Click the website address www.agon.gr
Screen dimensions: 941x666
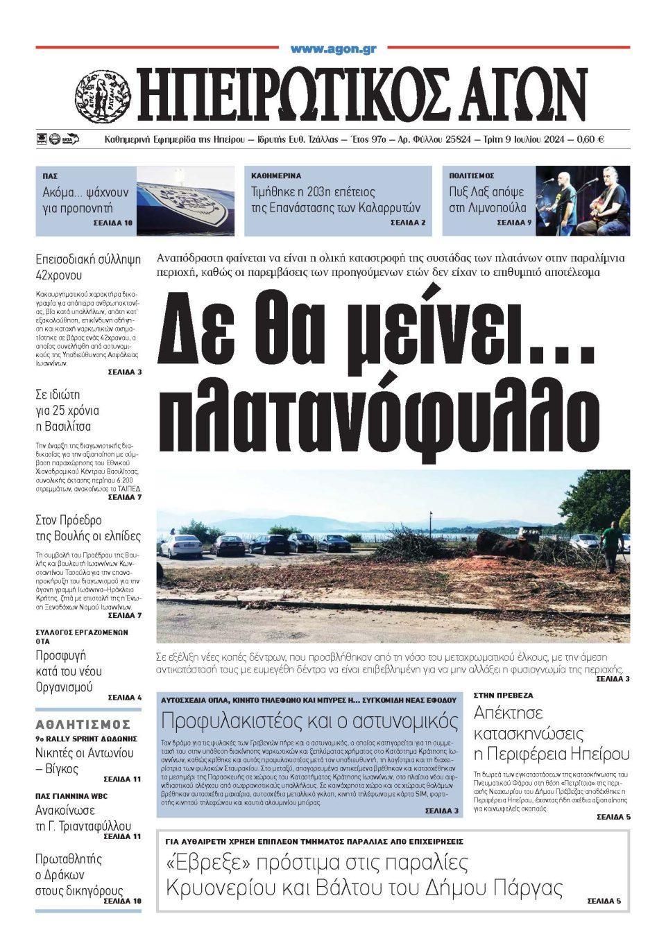pos(333,49)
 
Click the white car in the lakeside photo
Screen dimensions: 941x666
pos(181,546)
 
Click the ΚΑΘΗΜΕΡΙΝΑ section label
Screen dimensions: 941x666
pos(276,176)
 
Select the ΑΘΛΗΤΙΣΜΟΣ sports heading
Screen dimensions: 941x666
pos(83,724)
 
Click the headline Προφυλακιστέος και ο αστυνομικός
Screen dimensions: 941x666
pos(310,719)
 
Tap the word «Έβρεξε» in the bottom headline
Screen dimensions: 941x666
pos(205,863)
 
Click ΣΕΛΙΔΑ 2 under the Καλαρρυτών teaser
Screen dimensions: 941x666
pos(408,223)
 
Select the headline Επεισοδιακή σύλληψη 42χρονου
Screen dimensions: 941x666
pos(88,267)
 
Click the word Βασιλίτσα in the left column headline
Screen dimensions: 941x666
pos(63,426)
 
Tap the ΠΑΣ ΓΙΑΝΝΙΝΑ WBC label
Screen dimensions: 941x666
pos(71,795)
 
